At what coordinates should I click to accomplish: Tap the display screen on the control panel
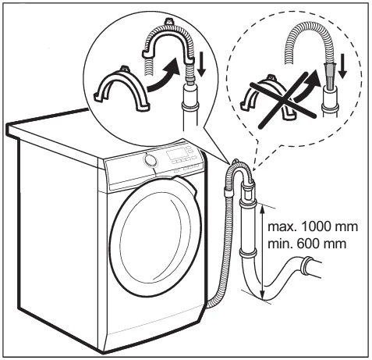pos(176,154)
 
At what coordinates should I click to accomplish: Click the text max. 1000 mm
pos(313,226)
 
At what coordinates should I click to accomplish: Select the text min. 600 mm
pos(307,244)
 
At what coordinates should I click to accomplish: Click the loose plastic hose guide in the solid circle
pos(122,89)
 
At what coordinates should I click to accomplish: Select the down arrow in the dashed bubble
pos(342,66)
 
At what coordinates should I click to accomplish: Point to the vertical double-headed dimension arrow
pos(263,252)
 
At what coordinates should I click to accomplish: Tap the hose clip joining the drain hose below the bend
pos(229,192)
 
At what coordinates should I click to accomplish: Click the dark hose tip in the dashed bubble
pos(329,77)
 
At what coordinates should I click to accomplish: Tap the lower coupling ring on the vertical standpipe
pos(248,253)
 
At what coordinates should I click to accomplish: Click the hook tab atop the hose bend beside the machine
pos(236,162)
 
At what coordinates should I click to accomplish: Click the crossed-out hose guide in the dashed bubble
pos(267,98)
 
